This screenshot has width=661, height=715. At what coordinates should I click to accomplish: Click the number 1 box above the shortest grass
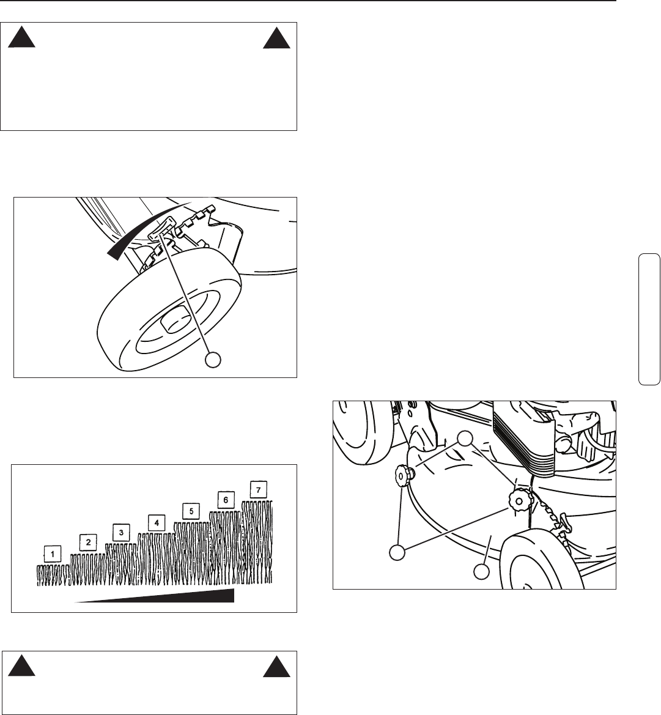53,554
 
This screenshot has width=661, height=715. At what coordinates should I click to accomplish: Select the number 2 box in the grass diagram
88,542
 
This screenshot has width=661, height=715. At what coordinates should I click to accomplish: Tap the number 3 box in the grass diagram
121,532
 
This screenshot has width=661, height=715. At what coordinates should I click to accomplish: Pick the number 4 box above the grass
157,522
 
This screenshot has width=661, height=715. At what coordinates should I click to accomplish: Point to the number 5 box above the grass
191,511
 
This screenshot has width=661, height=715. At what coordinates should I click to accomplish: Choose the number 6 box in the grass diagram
226,500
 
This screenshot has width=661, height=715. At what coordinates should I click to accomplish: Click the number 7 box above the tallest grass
259,490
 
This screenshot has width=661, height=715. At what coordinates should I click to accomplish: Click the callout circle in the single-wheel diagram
213,359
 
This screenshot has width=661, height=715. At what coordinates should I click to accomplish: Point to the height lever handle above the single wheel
162,228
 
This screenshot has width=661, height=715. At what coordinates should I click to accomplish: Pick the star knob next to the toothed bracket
519,500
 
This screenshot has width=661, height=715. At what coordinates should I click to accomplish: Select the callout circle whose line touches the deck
481,571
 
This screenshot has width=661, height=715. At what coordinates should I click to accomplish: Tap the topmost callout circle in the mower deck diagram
465,438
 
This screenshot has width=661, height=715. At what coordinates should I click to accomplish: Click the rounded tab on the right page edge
649,319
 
